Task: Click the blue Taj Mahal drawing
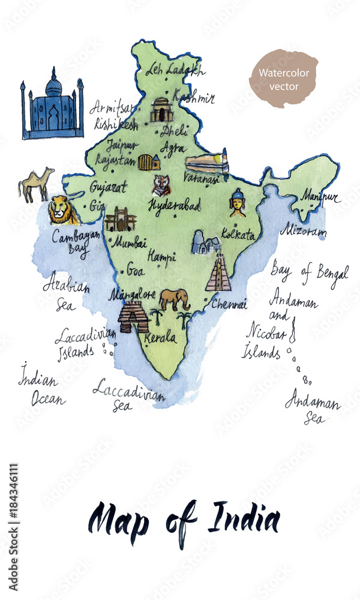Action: point(53,106)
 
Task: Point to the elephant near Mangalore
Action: point(175,299)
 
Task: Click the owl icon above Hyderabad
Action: point(161,185)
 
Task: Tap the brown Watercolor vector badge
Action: point(283,79)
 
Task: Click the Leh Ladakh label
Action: point(175,70)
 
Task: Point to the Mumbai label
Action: point(129,242)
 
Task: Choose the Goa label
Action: point(136,271)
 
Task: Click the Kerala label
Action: point(161,337)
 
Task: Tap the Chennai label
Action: point(229,304)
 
